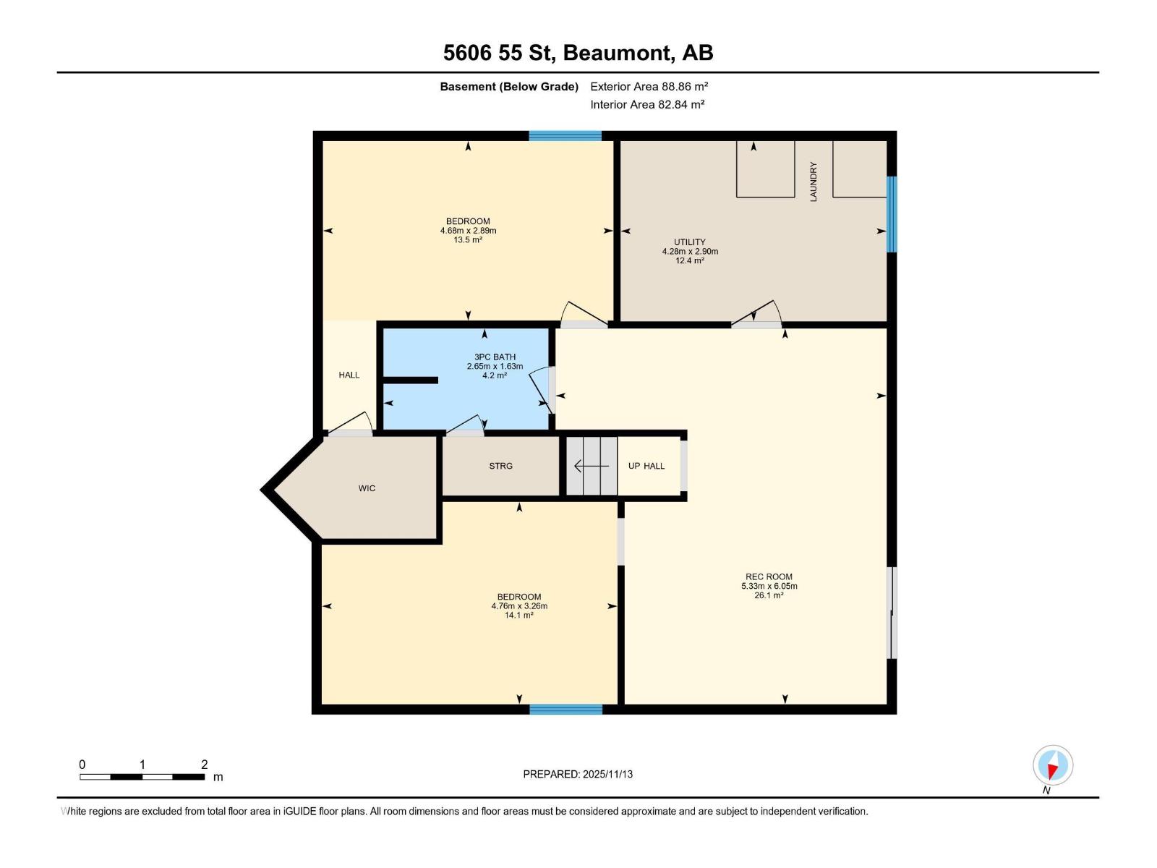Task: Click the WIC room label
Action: pos(367,488)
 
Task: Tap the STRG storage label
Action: pos(500,466)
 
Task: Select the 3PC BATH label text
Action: pos(495,357)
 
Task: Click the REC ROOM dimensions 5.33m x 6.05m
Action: pos(769,586)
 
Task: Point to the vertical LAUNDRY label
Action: pos(813,182)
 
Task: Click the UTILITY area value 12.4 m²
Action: pos(689,260)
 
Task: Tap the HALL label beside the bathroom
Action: pos(349,375)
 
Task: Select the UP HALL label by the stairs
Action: pos(646,466)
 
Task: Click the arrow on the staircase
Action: pos(590,466)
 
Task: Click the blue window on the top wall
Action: pos(565,135)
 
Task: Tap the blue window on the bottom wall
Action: pos(565,710)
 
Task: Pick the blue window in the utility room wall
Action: pos(892,214)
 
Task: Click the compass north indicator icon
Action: pos(1053,765)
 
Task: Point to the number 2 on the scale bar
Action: pos(205,765)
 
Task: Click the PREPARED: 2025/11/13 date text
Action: pos(578,774)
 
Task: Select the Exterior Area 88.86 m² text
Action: pos(649,86)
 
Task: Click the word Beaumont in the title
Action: pos(616,53)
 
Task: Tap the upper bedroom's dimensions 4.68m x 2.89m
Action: pos(468,231)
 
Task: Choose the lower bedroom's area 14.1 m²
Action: pos(518,615)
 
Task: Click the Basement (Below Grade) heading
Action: pos(509,86)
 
